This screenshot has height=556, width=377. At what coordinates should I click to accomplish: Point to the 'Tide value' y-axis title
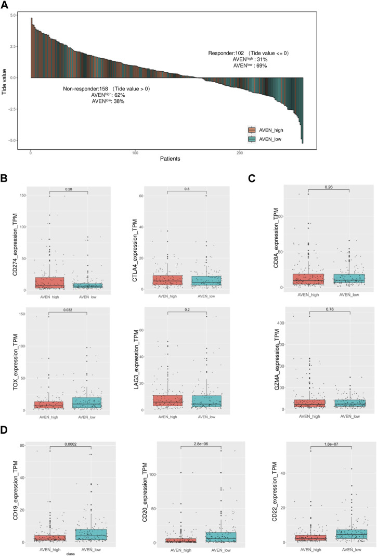tap(5, 77)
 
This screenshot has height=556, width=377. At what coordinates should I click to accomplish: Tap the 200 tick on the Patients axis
tap(240, 153)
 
